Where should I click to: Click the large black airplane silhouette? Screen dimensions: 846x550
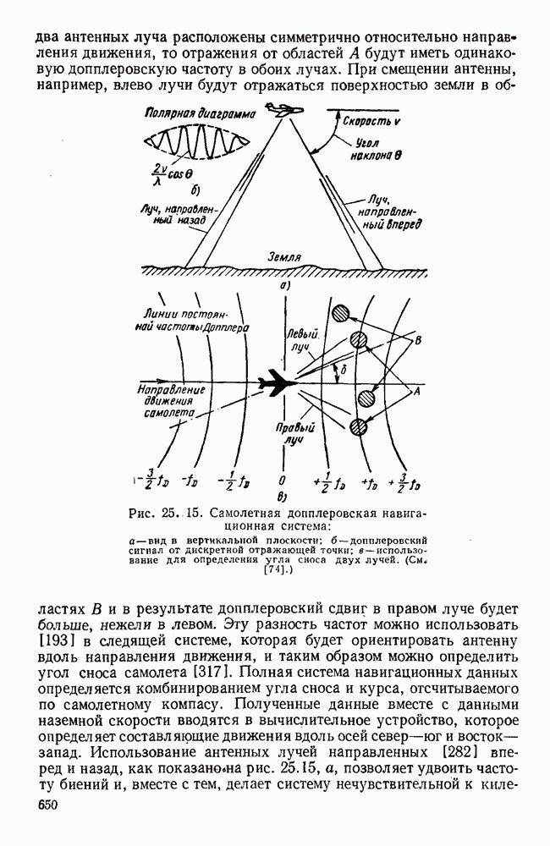[277, 383]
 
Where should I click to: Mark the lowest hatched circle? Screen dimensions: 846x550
[360, 426]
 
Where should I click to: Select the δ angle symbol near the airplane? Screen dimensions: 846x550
[340, 370]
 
